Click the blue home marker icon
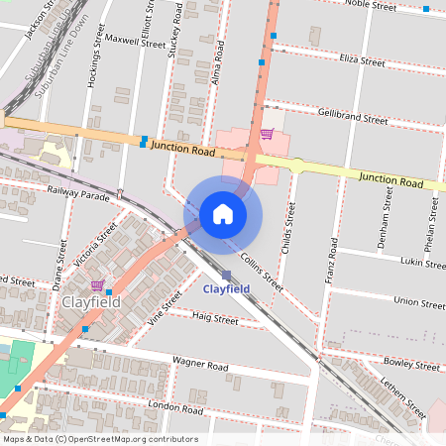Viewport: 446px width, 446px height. point(223,214)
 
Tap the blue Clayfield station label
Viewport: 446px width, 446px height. point(225,289)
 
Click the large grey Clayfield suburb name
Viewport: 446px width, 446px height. point(91,301)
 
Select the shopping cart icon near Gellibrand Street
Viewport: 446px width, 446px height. point(267,134)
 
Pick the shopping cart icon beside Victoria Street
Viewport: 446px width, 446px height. point(96,284)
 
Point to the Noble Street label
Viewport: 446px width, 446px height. point(371,6)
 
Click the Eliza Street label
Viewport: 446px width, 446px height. point(362,61)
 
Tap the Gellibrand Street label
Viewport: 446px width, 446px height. point(353,117)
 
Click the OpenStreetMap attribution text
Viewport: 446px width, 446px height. point(100,439)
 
